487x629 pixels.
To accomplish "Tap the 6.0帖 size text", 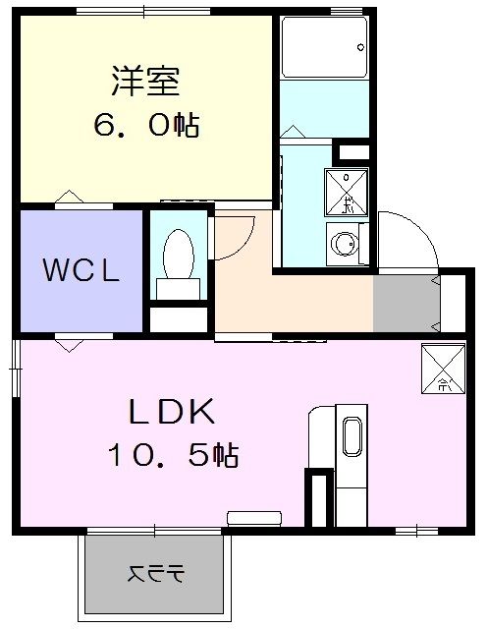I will click(x=145, y=125).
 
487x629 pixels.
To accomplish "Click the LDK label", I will click(x=176, y=410).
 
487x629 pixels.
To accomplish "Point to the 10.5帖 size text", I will click(x=176, y=455).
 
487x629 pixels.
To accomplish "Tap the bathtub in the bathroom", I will click(x=324, y=46).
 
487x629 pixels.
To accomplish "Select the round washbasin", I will click(x=344, y=243).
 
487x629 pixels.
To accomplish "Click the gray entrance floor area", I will click(x=405, y=304).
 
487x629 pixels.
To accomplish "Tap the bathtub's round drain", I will click(x=361, y=47).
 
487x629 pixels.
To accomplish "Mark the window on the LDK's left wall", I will click(x=13, y=369).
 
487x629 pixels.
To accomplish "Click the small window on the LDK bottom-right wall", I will click(x=416, y=532).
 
